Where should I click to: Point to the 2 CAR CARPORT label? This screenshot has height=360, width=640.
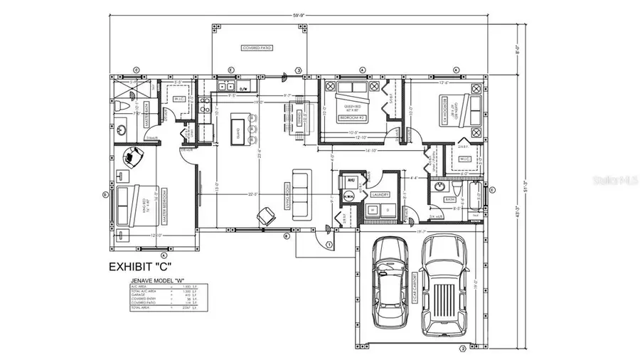415,293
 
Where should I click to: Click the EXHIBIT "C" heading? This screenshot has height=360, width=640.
139,268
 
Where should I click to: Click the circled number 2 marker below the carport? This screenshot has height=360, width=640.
462,349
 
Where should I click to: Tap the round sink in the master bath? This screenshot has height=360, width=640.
122,130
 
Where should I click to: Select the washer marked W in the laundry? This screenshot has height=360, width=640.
372,210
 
